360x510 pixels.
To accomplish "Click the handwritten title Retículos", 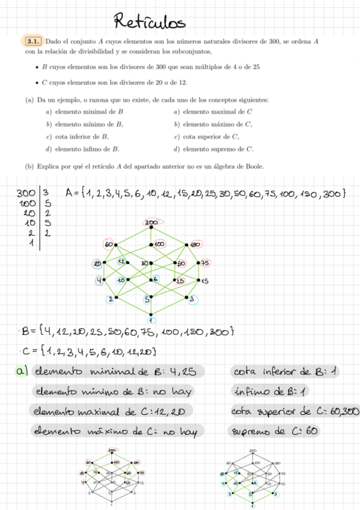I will tap(150, 23).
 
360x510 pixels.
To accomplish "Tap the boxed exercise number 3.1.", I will tap(33, 41).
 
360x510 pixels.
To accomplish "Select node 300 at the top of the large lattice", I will tap(151, 224).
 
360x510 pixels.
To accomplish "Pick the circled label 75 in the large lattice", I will tap(205, 263).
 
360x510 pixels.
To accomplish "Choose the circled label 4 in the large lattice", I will tap(99, 281).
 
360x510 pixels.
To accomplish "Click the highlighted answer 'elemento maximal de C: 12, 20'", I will tap(111, 411).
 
